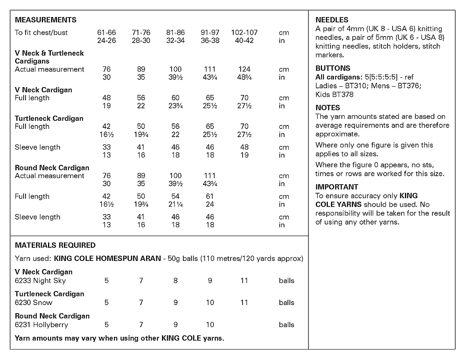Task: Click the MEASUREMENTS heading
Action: pos(46,20)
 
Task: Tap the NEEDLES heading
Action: pos(332,20)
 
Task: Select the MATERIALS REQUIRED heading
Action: pos(55,245)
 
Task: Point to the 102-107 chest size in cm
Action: pos(244,33)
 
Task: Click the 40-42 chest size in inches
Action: pos(244,40)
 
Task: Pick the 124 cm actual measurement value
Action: pos(244,69)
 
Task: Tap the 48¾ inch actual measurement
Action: pos(244,77)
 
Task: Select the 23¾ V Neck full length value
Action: pos(176,106)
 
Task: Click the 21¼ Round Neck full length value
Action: pos(176,204)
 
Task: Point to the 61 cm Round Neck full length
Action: pos(210,196)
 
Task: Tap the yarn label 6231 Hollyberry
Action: pos(41,325)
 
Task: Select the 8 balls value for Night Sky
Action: pos(176,281)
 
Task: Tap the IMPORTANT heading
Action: pos(337,187)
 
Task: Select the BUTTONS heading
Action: pos(332,68)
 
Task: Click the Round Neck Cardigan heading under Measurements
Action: pos(52,168)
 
